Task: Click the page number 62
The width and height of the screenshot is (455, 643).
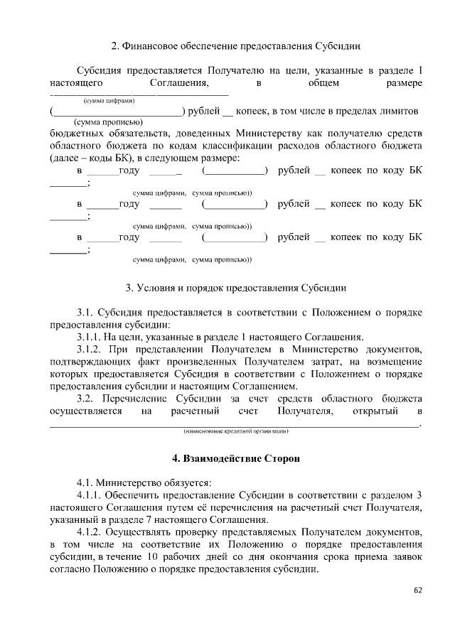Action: (x=417, y=590)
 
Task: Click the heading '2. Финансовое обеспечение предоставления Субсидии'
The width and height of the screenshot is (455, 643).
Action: (x=236, y=46)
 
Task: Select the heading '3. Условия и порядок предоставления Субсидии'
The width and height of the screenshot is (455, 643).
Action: (x=236, y=288)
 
